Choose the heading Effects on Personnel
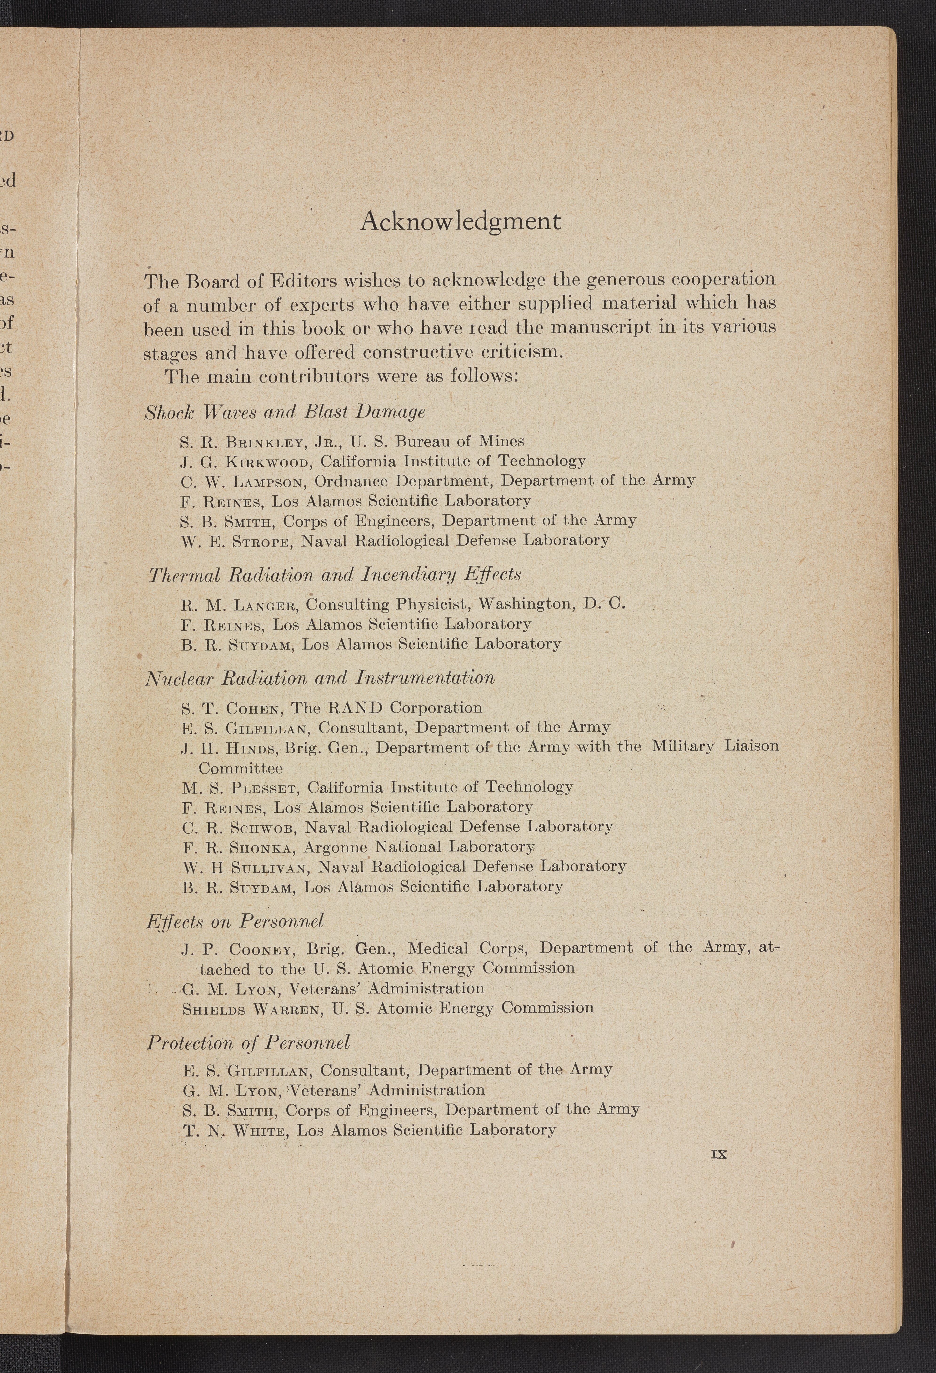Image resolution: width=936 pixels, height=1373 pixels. click(x=235, y=921)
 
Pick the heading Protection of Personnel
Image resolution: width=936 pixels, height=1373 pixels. click(x=248, y=1043)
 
